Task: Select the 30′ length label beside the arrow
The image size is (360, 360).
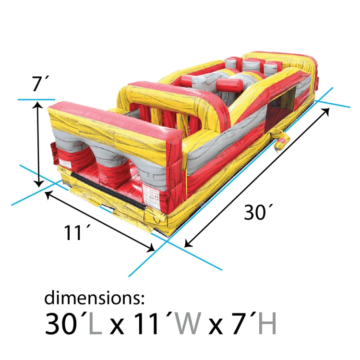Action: point(258,212)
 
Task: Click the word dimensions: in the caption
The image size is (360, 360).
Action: point(94,297)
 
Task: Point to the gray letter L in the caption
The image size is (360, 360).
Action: point(96,323)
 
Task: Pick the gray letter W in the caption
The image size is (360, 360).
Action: point(187,323)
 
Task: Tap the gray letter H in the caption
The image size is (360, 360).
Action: point(267,323)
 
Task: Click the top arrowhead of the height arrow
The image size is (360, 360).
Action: point(38,105)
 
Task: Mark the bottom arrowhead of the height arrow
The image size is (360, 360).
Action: point(39,184)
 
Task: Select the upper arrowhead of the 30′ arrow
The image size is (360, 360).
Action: point(326,111)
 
